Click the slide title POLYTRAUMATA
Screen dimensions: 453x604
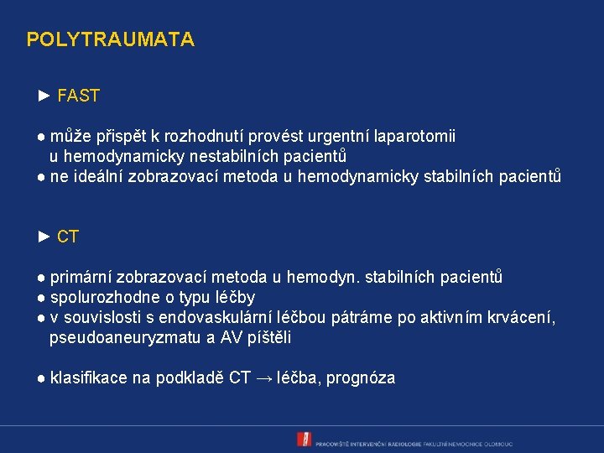pyautogui.click(x=110, y=39)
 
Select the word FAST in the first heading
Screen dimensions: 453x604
pyautogui.click(x=79, y=96)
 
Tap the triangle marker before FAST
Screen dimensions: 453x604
pyautogui.click(x=45, y=96)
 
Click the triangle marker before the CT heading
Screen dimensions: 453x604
pyautogui.click(x=45, y=237)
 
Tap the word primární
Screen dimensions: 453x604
pyautogui.click(x=81, y=278)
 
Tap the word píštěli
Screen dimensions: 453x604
pyautogui.click(x=269, y=338)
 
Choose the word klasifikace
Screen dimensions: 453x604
pyautogui.click(x=87, y=378)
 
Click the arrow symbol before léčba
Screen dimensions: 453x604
pyautogui.click(x=263, y=378)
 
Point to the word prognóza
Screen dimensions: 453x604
pyautogui.click(x=361, y=378)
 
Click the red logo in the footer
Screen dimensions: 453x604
pyautogui.click(x=304, y=439)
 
